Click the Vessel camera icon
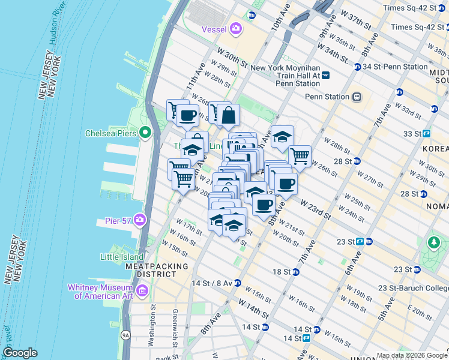(237, 28)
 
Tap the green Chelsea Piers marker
(145, 133)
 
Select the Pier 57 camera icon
(140, 220)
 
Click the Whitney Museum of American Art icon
(142, 292)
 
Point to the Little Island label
(122, 257)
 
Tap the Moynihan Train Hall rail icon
(325, 75)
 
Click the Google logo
(20, 353)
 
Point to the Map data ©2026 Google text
(411, 355)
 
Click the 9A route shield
(125, 335)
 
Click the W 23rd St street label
(315, 209)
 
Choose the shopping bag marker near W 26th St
(228, 115)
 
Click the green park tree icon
(434, 242)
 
